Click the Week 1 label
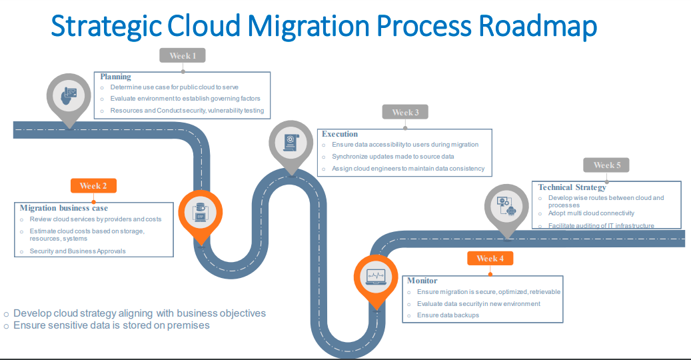pyautogui.click(x=183, y=56)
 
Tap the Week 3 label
pyautogui.click(x=405, y=113)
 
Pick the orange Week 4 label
pyautogui.click(x=490, y=259)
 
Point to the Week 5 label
pyautogui.click(x=606, y=165)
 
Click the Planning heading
pyautogui.click(x=116, y=77)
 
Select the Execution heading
pyautogui.click(x=340, y=134)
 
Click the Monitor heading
pyautogui.click(x=422, y=281)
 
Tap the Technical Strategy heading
pyautogui.click(x=572, y=187)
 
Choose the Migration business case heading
pyautogui.click(x=64, y=208)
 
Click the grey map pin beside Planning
pyautogui.click(x=69, y=97)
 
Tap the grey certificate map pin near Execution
pyautogui.click(x=291, y=143)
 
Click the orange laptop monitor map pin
pyautogui.click(x=376, y=277)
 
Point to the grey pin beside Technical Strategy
pyautogui.click(x=507, y=206)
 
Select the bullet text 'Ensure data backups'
pyautogui.click(x=448, y=315)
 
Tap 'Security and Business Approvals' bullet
pyautogui.click(x=78, y=251)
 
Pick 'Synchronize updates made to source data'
pyautogui.click(x=393, y=157)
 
